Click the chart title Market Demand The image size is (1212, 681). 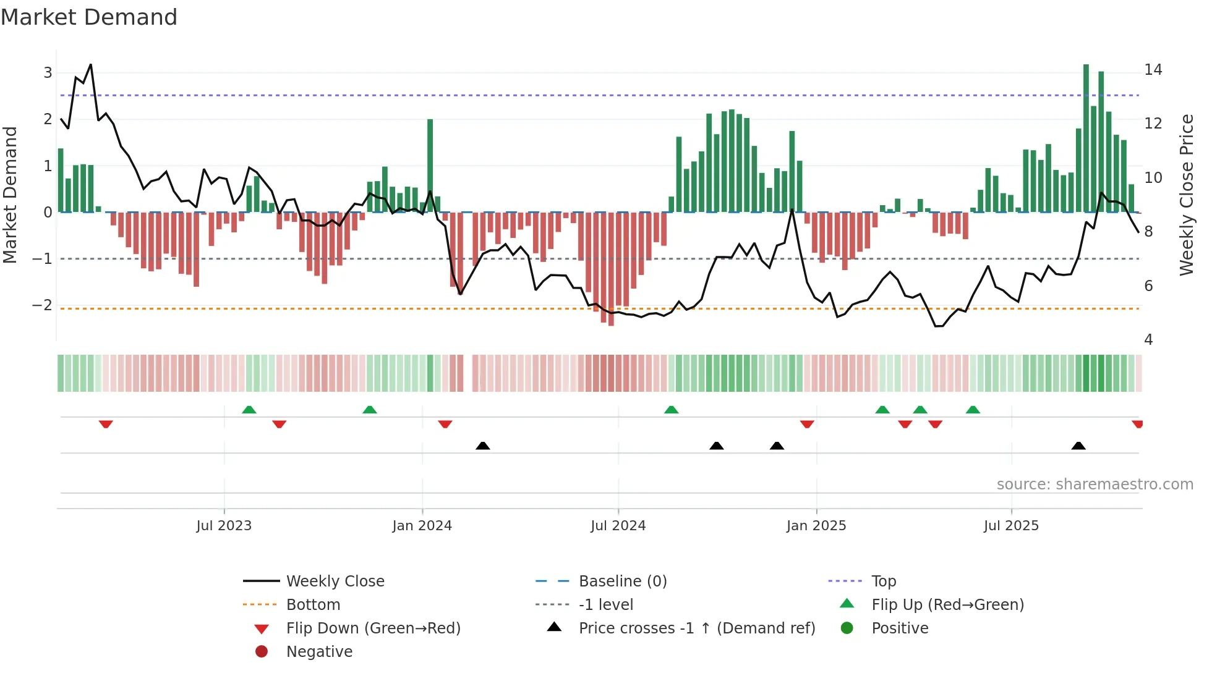[89, 17]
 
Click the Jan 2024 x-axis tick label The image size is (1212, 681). [422, 526]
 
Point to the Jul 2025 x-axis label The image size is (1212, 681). [1011, 526]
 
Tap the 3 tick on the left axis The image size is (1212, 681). [48, 73]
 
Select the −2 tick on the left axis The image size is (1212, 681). [43, 305]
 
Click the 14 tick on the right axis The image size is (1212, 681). [1153, 70]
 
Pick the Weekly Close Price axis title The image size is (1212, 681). [1186, 195]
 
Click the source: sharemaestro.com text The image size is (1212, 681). [1095, 484]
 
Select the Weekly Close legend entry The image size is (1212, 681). [335, 582]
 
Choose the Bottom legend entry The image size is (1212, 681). [313, 605]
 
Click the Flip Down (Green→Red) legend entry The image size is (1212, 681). [373, 628]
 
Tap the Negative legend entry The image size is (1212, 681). [319, 652]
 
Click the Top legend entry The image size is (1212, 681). [884, 582]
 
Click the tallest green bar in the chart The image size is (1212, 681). [1086, 139]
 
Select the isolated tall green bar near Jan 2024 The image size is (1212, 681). [430, 166]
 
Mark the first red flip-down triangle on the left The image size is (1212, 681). [106, 424]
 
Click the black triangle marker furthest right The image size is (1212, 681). [1078, 446]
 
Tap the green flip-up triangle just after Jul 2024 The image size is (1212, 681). [671, 410]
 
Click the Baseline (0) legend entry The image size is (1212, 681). [622, 582]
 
